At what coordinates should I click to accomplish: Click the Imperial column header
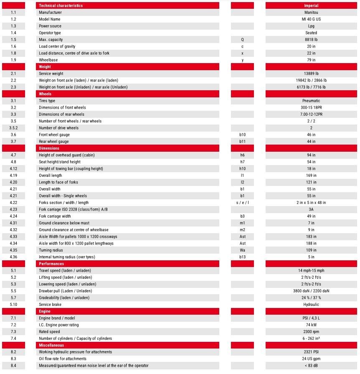point(311,5)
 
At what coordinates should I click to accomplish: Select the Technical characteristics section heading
point(61,5)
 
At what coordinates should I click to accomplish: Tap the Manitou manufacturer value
point(311,13)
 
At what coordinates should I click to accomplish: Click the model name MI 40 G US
point(311,19)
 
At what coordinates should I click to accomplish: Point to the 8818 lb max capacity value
point(311,40)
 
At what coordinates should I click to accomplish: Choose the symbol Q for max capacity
point(242,40)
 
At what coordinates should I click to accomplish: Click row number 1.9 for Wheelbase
point(13,60)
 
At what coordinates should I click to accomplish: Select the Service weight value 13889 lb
point(311,74)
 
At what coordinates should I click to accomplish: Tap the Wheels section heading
point(45,94)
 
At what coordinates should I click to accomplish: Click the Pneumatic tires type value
point(311,101)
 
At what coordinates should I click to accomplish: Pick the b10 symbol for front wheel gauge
point(242,135)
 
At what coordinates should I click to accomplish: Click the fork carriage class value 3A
point(311,209)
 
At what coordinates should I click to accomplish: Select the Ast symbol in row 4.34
point(242,244)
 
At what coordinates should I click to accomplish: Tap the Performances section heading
point(51,264)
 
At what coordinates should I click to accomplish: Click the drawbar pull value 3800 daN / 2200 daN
point(311,291)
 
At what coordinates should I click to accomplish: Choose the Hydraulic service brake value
point(311,305)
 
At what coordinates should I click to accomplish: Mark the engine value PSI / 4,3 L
point(311,318)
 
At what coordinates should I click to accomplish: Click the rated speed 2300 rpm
point(311,332)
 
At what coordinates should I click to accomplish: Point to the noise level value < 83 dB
point(311,366)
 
